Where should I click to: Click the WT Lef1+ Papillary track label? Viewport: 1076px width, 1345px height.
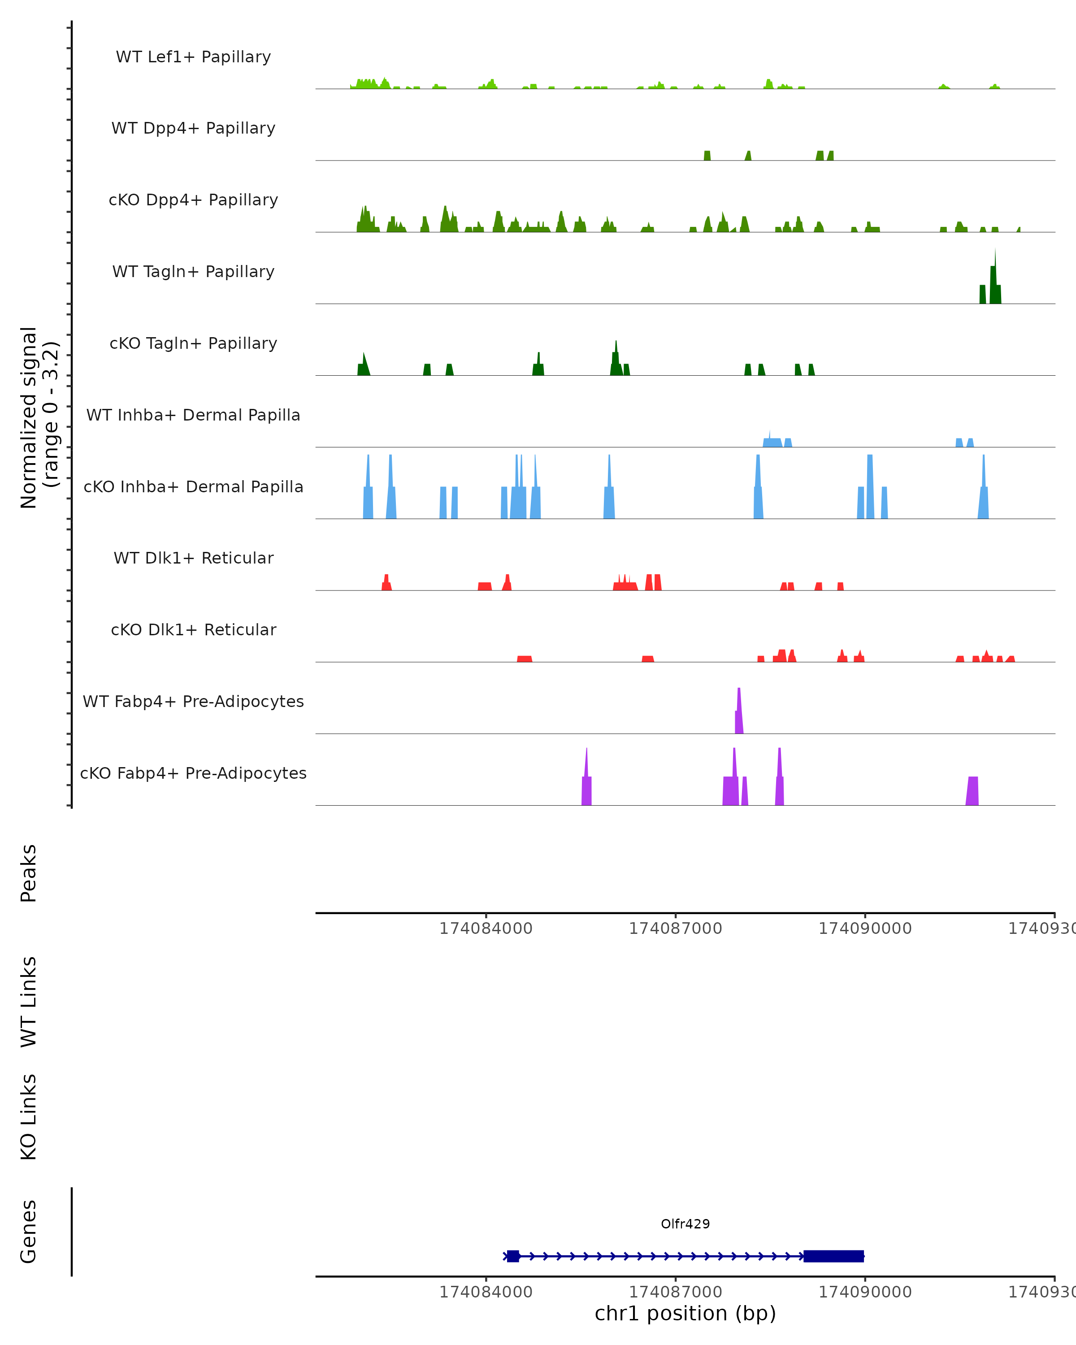tap(193, 57)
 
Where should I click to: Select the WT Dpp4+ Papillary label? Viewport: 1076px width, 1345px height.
tap(193, 129)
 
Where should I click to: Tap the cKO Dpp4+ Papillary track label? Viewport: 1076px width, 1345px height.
tap(193, 200)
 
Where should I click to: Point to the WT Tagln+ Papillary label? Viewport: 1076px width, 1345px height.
tap(193, 272)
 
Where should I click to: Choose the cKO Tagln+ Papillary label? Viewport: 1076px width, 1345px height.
tap(193, 344)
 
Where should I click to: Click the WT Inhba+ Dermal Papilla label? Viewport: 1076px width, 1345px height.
tap(193, 416)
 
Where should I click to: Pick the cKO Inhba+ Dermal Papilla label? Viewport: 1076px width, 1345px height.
tap(193, 487)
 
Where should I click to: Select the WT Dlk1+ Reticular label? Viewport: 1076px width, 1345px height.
tap(193, 558)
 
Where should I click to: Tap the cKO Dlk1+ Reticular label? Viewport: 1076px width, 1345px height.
tap(193, 630)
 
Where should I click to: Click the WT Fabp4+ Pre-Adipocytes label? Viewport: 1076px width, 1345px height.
tap(193, 702)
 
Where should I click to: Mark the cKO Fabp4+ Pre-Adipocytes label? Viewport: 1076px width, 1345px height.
tap(193, 773)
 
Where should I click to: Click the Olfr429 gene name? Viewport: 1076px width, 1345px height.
tap(685, 1224)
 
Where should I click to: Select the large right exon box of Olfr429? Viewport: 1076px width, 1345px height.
tap(833, 1256)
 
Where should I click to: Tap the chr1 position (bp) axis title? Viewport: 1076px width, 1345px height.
tap(685, 1313)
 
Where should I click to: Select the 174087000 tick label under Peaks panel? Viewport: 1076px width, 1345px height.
tap(676, 929)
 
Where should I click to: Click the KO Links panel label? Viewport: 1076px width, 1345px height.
tap(29, 1117)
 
